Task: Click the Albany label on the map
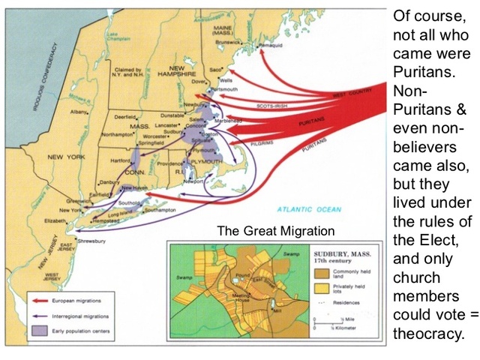(x=79, y=111)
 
